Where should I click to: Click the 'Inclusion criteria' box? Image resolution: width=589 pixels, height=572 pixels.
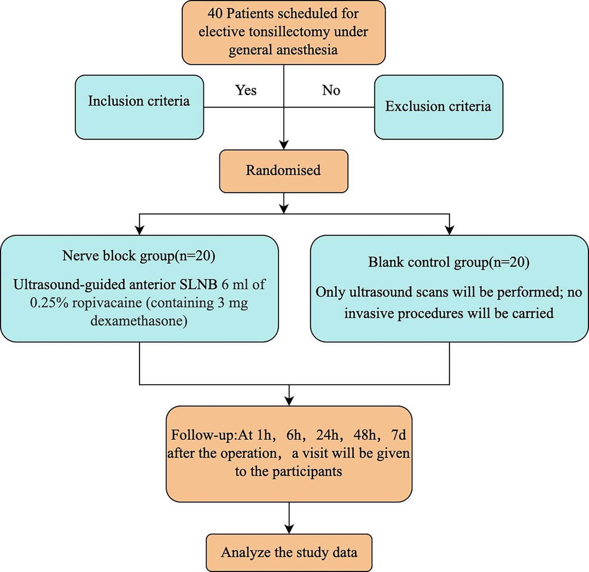[139, 107]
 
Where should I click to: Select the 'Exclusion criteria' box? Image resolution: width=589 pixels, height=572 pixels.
[439, 107]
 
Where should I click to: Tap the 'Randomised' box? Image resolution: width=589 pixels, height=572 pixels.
[283, 171]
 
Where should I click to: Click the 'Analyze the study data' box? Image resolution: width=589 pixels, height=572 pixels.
[289, 553]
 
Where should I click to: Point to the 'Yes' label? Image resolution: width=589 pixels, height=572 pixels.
[246, 90]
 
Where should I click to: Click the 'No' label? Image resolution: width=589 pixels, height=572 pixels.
[331, 90]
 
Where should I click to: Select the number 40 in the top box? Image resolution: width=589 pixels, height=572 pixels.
[215, 14]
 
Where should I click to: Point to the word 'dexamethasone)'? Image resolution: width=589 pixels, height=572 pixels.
[139, 321]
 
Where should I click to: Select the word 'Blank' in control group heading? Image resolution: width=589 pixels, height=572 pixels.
[385, 262]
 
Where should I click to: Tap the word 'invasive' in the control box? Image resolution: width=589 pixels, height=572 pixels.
[368, 313]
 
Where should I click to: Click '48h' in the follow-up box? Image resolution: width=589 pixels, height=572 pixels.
[364, 435]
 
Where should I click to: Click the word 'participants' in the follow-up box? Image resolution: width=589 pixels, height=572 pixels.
[307, 472]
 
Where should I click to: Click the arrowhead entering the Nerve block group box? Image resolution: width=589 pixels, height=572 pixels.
[139, 230]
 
